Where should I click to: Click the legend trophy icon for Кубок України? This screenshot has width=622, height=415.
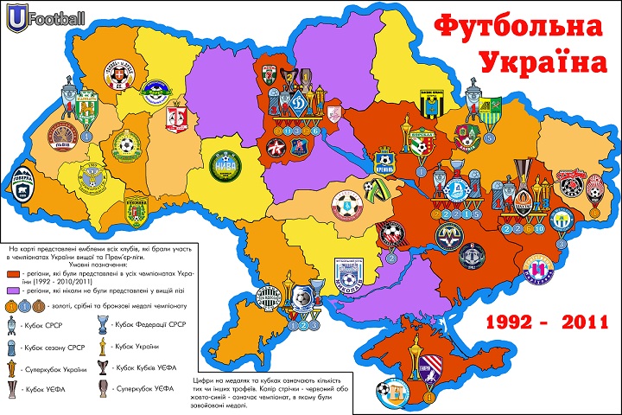click(102, 346)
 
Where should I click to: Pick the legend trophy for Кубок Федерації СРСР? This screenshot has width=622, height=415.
click(102, 325)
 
